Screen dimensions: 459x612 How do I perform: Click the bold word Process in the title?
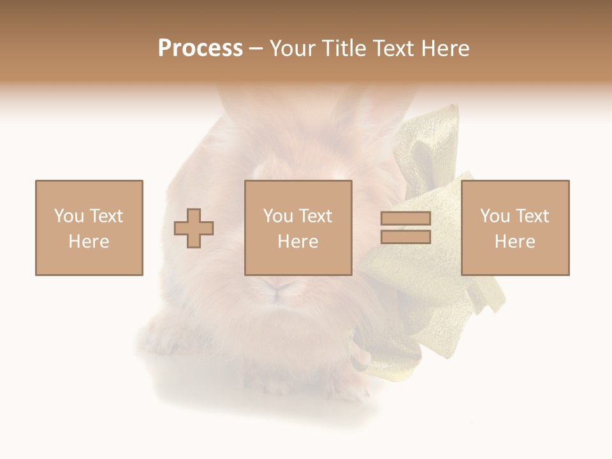point(200,48)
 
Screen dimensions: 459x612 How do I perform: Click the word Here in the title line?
point(446,48)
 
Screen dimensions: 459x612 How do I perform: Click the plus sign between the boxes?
point(194,228)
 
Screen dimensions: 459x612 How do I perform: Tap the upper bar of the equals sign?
point(405,219)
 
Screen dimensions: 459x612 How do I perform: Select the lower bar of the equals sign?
point(405,237)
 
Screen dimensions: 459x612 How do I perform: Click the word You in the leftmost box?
point(69,216)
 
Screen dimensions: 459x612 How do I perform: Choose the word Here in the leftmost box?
point(89,242)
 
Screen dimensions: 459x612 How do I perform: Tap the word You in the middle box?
point(278,216)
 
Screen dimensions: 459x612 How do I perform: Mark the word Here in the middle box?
point(298,242)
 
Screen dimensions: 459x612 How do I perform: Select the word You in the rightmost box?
point(495,216)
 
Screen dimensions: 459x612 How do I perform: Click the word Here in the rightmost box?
point(514,242)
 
